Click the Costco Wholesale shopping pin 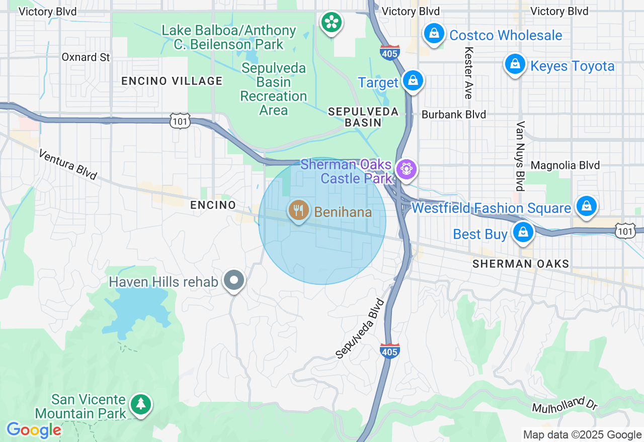point(434,34)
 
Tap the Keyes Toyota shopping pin point(515,65)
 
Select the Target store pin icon point(413,80)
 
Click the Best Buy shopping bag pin point(523,232)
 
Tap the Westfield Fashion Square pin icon point(586,205)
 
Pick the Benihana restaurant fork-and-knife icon point(299,210)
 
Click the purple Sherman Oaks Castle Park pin point(406,169)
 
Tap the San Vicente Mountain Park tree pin point(141,404)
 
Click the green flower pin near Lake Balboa point(332,22)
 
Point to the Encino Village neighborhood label point(172,81)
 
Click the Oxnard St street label point(86,57)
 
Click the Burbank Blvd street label point(453,115)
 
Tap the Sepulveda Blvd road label point(360,329)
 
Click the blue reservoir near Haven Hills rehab point(136,311)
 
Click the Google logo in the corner point(34,430)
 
